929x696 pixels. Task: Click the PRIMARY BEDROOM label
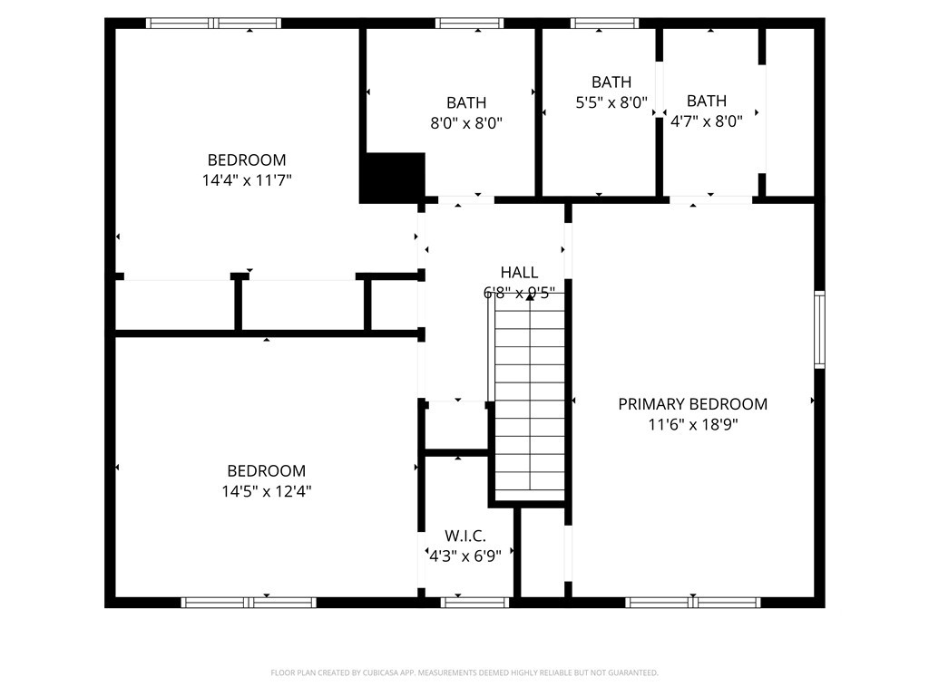point(692,404)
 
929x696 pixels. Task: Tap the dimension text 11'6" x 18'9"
point(692,424)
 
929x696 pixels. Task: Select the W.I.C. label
point(464,536)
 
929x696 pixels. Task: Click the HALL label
point(519,272)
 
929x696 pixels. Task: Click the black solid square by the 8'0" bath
point(393,178)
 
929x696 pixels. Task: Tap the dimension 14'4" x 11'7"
point(247,180)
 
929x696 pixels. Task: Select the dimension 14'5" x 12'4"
point(266,491)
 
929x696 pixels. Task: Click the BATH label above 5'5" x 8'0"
point(611,82)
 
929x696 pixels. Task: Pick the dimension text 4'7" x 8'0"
point(706,121)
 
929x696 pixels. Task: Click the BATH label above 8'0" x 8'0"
point(465,102)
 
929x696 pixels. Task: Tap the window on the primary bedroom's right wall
point(819,328)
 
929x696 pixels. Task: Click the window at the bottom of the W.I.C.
point(474,602)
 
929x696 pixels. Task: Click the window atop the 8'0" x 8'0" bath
point(469,24)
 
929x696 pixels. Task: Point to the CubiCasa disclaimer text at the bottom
point(464,672)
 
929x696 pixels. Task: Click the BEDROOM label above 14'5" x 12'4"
point(266,471)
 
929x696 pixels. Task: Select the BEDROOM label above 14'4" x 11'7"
point(247,160)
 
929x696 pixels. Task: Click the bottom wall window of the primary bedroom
point(693,602)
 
